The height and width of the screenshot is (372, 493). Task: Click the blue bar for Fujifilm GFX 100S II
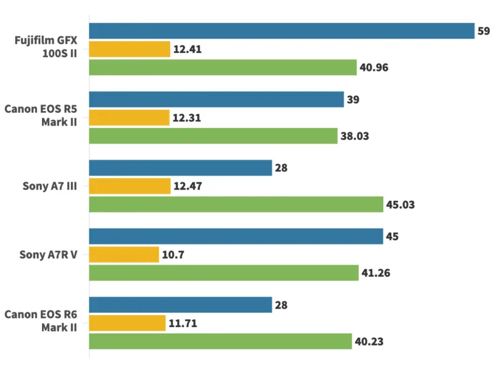point(282,31)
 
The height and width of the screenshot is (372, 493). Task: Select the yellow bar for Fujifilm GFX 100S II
point(129,49)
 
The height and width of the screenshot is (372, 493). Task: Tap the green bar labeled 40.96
point(223,67)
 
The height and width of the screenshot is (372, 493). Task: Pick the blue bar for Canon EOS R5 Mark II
point(216,99)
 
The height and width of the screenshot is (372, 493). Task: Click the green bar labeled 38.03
point(213,135)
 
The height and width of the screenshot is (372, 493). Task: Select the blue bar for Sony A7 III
point(181,168)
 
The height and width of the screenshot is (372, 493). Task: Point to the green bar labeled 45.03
point(237,204)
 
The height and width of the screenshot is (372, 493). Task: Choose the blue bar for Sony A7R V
point(236,237)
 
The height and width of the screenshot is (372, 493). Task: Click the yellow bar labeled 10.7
point(124,254)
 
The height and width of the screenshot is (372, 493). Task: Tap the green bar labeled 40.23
point(221,341)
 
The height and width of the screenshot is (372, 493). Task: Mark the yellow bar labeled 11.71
point(128,323)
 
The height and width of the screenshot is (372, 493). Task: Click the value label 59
point(484,31)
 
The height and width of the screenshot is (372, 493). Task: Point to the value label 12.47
point(187,186)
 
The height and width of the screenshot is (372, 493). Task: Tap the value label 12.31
point(186,118)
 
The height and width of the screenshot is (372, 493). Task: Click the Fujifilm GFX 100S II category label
point(46,49)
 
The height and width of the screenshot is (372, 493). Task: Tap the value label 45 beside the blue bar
point(393,237)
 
